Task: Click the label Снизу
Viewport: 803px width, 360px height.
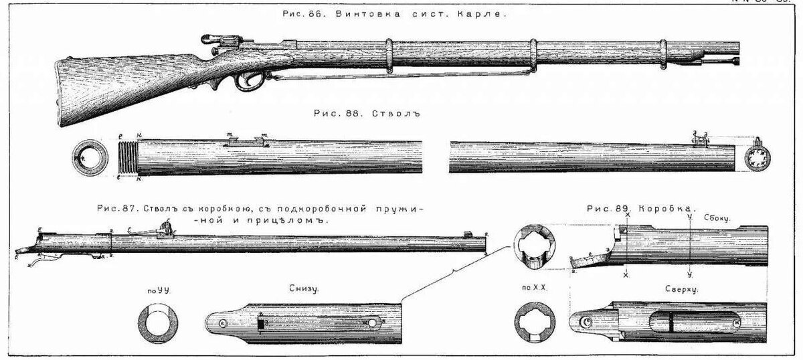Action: [304, 290]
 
